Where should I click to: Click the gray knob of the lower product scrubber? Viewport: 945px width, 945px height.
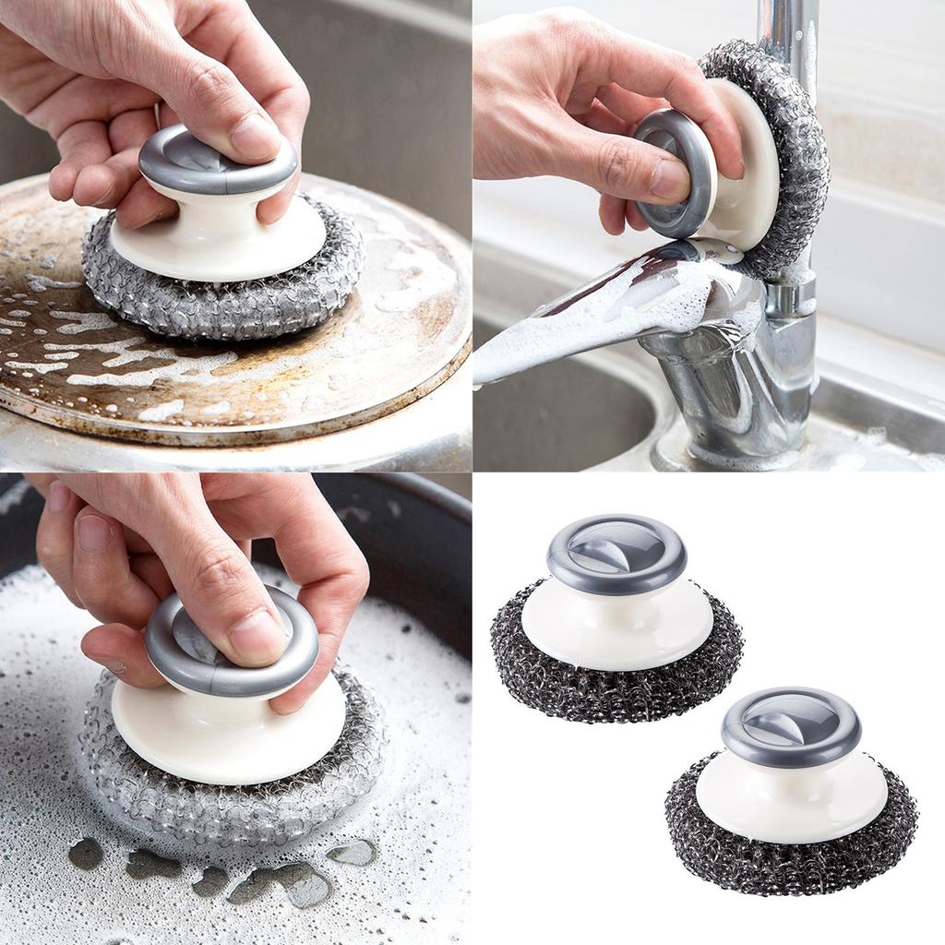(x=791, y=724)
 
